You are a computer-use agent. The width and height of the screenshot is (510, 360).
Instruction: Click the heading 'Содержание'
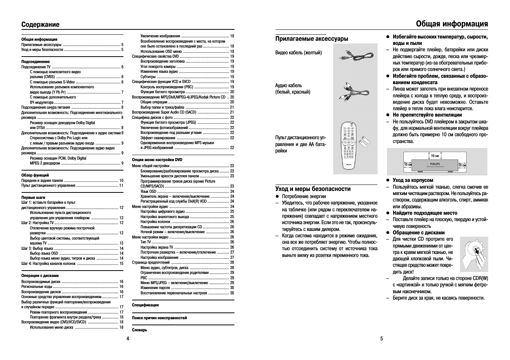pyautogui.click(x=40, y=25)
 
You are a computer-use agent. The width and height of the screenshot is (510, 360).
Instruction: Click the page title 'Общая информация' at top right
pyautogui.click(x=452, y=24)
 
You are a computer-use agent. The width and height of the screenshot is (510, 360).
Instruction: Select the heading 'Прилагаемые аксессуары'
pyautogui.click(x=312, y=38)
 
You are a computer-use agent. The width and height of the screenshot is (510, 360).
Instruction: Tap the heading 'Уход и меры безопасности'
pyautogui.click(x=313, y=189)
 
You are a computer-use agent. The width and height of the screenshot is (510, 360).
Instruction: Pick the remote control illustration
pyautogui.click(x=350, y=145)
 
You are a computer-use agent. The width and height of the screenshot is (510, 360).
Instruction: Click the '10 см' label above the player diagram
pyautogui.click(x=435, y=156)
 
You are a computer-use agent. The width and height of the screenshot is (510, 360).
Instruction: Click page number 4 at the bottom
pyautogui.click(x=128, y=338)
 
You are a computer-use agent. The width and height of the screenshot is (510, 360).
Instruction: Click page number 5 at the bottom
pyautogui.click(x=382, y=338)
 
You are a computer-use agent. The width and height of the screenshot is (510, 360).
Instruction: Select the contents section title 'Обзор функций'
pyautogui.click(x=35, y=175)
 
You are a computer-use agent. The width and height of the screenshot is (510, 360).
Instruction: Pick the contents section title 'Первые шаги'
pyautogui.click(x=33, y=197)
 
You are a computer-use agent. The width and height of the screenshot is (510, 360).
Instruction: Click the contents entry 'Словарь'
pyautogui.click(x=139, y=330)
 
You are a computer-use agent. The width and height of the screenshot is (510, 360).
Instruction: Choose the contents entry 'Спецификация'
pyautogui.click(x=145, y=305)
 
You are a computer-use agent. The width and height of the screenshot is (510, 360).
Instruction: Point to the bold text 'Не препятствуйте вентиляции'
pyautogui.click(x=427, y=115)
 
